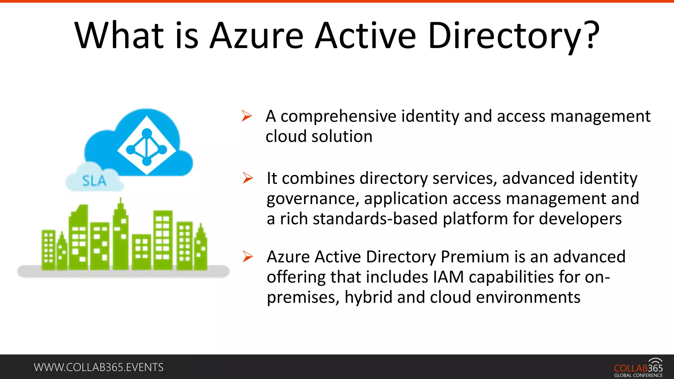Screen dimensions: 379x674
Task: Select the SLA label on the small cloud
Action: pyautogui.click(x=94, y=181)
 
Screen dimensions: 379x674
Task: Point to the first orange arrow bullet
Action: pyautogui.click(x=246, y=116)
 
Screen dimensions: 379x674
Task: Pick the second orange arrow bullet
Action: pyautogui.click(x=247, y=178)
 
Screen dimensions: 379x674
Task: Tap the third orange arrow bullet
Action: pyautogui.click(x=247, y=257)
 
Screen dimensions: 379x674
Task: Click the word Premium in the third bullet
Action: pyautogui.click(x=475, y=257)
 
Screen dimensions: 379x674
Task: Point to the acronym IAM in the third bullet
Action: pyautogui.click(x=448, y=277)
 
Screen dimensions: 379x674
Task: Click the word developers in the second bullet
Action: pyautogui.click(x=580, y=219)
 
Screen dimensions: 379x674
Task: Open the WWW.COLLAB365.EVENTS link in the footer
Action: pyautogui.click(x=99, y=367)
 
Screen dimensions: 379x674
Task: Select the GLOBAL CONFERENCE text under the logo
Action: pyautogui.click(x=638, y=375)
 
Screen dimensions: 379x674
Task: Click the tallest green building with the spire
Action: pyautogui.click(x=120, y=237)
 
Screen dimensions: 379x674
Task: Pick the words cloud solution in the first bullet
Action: pyautogui.click(x=319, y=137)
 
